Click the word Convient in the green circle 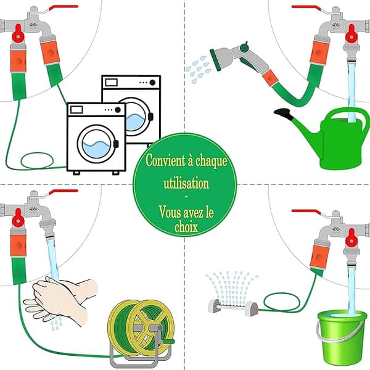[166, 161]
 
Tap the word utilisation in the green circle [186, 183]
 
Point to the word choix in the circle [186, 227]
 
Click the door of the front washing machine [97, 144]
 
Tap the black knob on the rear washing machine [152, 83]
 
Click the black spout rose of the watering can [284, 113]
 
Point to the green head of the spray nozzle [215, 60]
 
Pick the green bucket [341, 337]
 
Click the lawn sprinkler [233, 306]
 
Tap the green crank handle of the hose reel [167, 341]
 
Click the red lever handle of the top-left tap [64, 7]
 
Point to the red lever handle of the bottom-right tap [306, 212]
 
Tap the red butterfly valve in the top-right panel [351, 33]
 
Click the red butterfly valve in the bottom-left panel [18, 218]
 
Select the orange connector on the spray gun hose [270, 78]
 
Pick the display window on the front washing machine [76, 110]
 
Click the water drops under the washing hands [56, 323]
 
